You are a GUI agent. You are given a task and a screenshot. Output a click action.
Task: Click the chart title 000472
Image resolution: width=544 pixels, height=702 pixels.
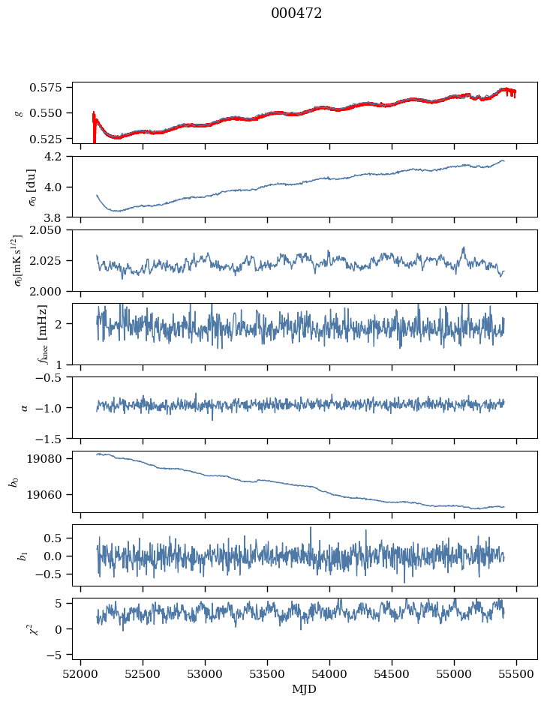296,13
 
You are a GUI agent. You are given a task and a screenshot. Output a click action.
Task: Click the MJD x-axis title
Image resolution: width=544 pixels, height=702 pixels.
305,688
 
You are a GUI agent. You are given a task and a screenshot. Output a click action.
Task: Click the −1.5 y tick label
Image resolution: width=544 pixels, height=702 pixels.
55,437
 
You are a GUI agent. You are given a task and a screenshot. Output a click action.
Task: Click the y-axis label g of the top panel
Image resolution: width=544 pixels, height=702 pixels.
19,112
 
